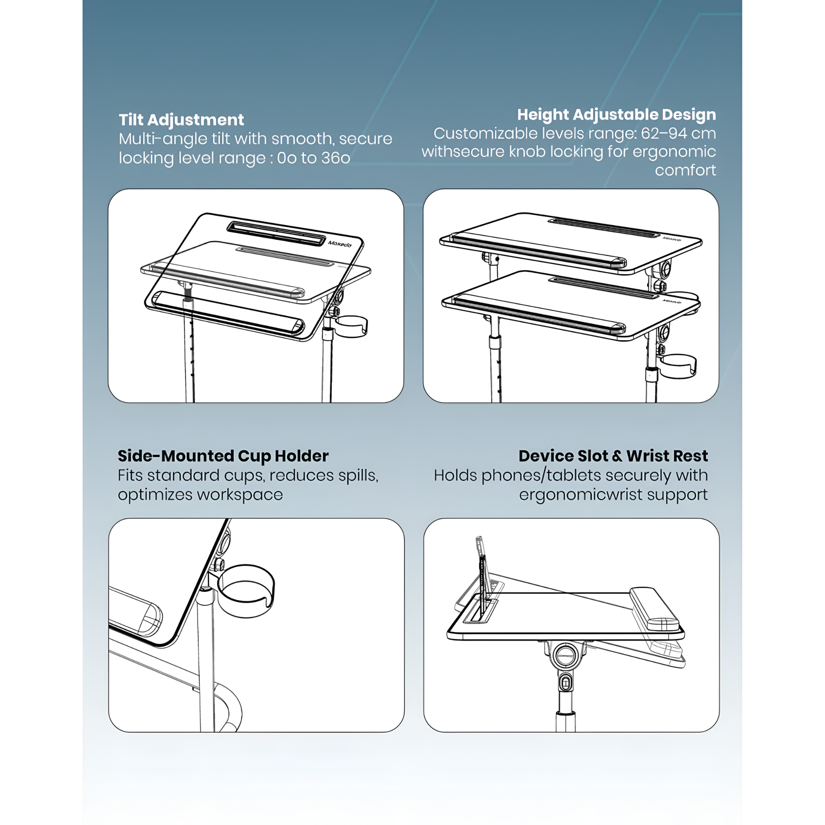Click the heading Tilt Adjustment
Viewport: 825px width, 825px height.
[x=182, y=120]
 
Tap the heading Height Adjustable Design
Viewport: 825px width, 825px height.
[x=617, y=114]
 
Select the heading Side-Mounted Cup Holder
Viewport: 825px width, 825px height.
[x=223, y=456]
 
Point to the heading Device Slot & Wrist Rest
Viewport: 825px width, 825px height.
[x=613, y=456]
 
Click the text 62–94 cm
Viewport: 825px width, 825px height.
[x=678, y=134]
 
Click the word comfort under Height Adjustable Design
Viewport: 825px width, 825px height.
[x=685, y=170]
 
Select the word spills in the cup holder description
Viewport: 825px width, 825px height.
[x=358, y=476]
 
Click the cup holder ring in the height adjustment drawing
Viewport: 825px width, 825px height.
[x=678, y=365]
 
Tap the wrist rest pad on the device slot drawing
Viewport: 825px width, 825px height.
[x=654, y=609]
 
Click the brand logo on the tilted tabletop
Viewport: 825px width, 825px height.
[x=340, y=243]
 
